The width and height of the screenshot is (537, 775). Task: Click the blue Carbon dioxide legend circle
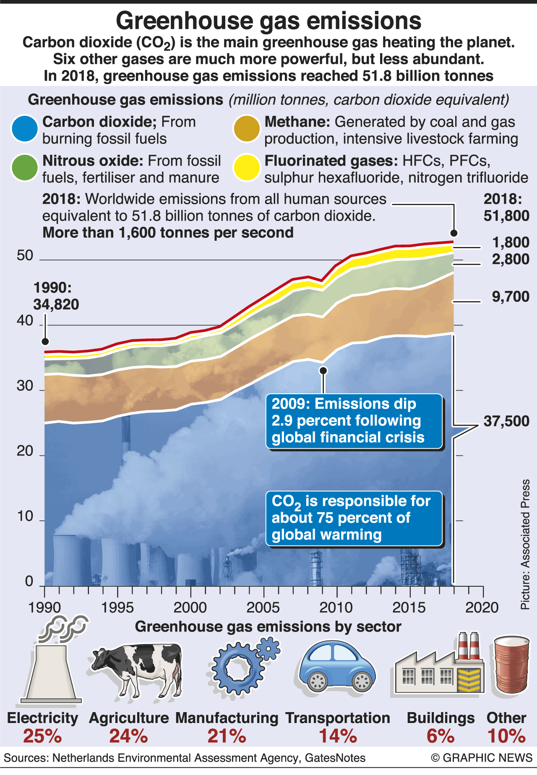pyautogui.click(x=25, y=129)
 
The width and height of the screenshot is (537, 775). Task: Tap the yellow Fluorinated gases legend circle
pyautogui.click(x=247, y=168)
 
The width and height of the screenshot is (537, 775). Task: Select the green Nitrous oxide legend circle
pyautogui.click(x=25, y=168)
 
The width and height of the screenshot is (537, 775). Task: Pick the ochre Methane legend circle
pyautogui.click(x=247, y=129)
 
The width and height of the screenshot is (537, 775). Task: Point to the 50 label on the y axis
pyautogui.click(x=25, y=255)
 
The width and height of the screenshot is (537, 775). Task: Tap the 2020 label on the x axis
pyautogui.click(x=482, y=608)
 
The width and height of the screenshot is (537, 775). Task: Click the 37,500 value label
pyautogui.click(x=506, y=421)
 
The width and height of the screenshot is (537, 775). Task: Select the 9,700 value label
pyautogui.click(x=511, y=297)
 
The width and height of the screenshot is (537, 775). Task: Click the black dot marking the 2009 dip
pyautogui.click(x=323, y=370)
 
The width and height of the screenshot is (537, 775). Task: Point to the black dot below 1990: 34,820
pyautogui.click(x=45, y=341)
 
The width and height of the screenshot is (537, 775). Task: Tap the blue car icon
pyautogui.click(x=337, y=667)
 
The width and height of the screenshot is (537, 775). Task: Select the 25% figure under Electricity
pyautogui.click(x=42, y=736)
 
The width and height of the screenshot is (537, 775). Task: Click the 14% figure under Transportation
pyautogui.click(x=338, y=736)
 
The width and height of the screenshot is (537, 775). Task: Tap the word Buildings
pyautogui.click(x=441, y=718)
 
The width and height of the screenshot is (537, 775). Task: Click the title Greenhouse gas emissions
pyautogui.click(x=268, y=21)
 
